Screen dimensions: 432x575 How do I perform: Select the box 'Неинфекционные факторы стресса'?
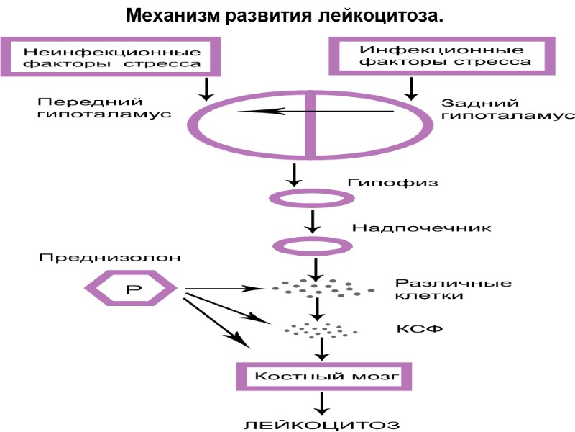click(x=112, y=57)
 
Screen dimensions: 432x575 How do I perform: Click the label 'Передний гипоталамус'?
click(x=100, y=108)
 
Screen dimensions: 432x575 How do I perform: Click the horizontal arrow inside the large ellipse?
click(x=316, y=111)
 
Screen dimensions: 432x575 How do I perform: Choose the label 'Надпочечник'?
click(x=421, y=228)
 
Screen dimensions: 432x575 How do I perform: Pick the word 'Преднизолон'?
click(x=109, y=257)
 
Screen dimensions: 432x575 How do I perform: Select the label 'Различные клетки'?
click(x=453, y=289)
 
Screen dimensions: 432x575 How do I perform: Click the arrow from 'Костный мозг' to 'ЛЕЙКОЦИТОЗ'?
click(x=324, y=402)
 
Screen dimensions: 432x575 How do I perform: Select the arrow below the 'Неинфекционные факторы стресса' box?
click(x=206, y=88)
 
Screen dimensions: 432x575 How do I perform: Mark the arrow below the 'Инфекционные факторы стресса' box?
click(x=411, y=88)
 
